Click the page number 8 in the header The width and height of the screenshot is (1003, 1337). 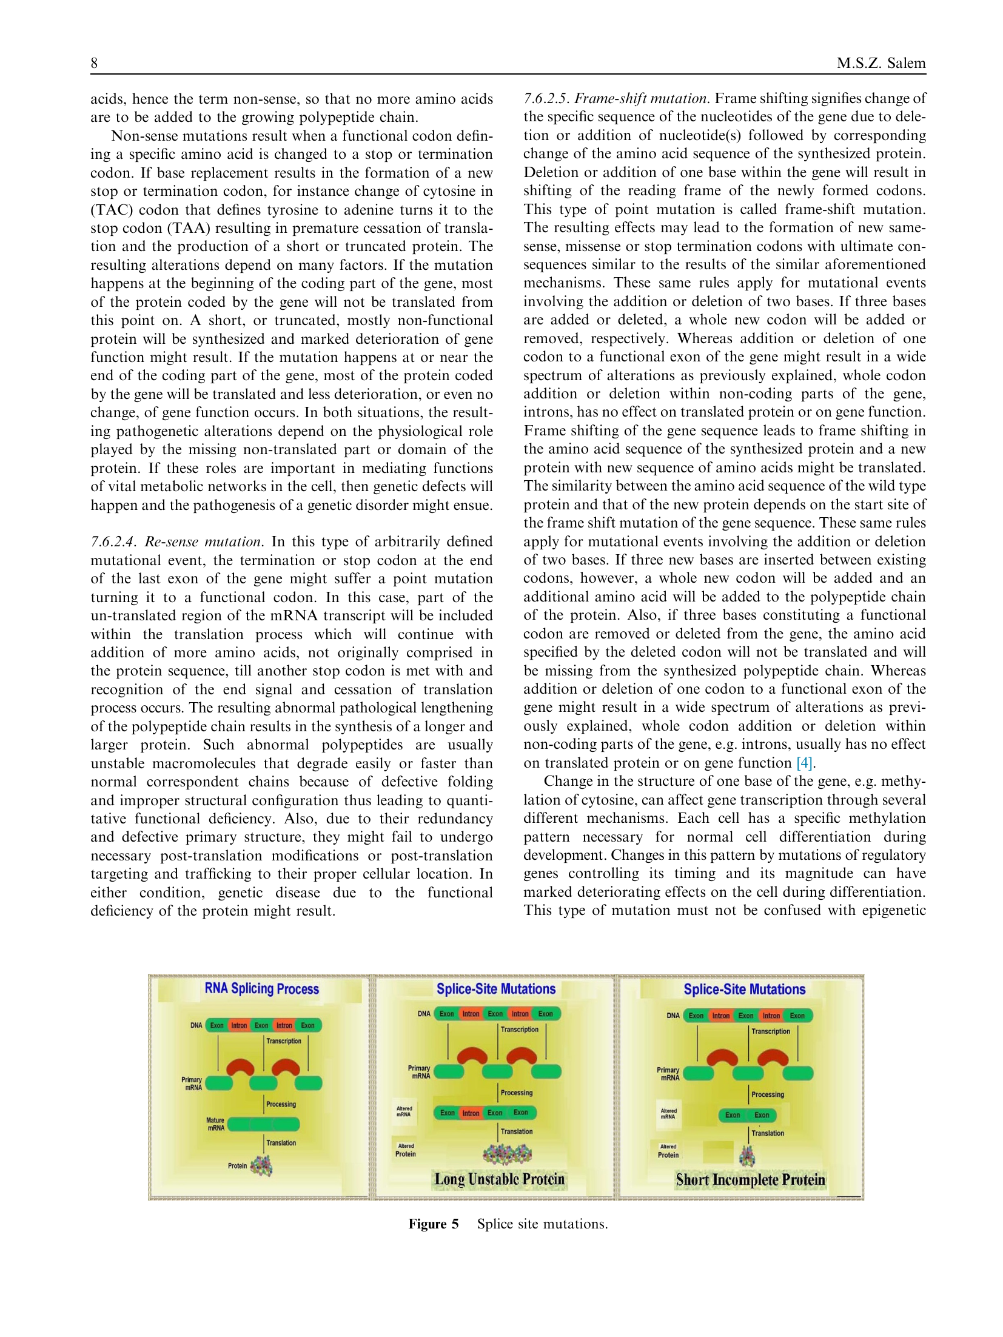[x=94, y=63]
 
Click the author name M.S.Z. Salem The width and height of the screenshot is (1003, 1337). [x=881, y=63]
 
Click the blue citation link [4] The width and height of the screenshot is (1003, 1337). [x=803, y=763]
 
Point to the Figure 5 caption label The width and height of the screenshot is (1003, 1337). [x=433, y=1224]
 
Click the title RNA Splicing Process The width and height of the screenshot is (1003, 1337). [x=261, y=988]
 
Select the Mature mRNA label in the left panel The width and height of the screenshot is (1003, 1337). [x=215, y=1124]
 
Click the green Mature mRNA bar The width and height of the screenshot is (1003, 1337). [x=264, y=1124]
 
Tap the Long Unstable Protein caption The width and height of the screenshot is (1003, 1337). [x=499, y=1179]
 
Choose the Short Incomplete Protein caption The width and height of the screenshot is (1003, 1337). [x=750, y=1179]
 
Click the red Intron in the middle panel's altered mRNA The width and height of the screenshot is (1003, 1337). [x=471, y=1113]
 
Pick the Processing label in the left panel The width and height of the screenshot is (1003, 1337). [x=281, y=1104]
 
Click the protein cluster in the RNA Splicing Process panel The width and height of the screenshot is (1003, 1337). [x=261, y=1165]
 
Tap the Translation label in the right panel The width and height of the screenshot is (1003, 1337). [x=768, y=1133]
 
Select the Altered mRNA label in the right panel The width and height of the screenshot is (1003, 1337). [x=668, y=1113]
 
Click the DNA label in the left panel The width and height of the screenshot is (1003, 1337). [x=196, y=1025]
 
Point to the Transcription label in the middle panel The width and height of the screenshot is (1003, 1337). [x=519, y=1029]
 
